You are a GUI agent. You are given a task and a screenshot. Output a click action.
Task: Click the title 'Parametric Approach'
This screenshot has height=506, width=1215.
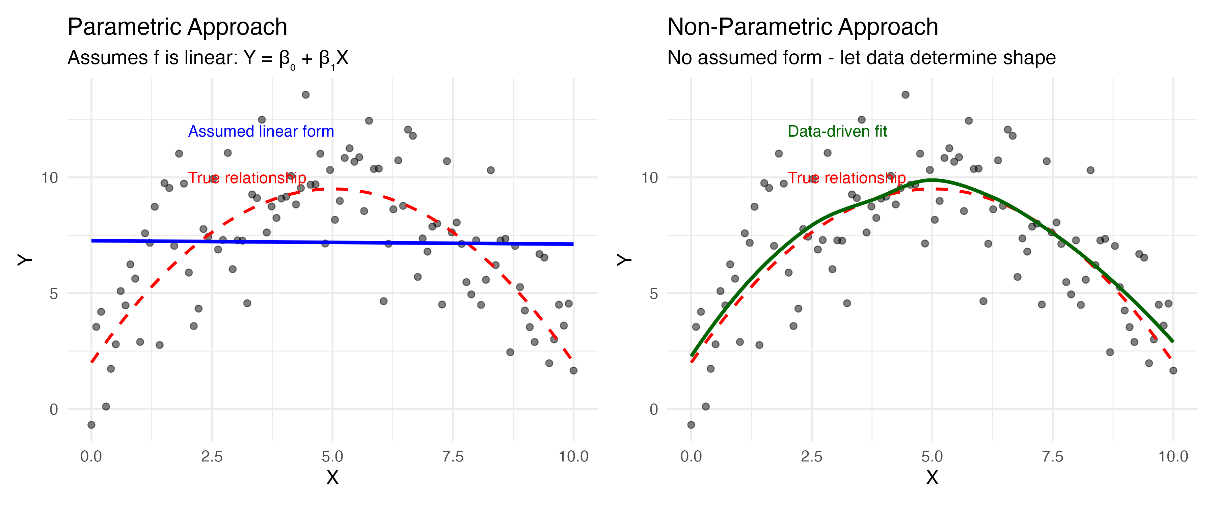(177, 27)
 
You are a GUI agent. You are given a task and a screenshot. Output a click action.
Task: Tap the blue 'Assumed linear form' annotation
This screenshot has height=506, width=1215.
(261, 131)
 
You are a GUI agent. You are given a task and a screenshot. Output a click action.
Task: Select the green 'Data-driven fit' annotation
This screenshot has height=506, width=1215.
(837, 131)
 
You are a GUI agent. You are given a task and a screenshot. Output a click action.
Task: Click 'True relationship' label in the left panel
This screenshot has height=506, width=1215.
(247, 178)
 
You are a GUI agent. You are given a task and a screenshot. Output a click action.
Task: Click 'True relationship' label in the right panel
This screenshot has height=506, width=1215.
(847, 178)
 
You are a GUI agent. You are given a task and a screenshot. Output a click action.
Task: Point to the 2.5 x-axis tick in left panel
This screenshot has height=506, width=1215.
(212, 456)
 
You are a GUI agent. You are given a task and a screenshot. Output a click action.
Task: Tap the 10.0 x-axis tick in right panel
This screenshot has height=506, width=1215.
(1173, 456)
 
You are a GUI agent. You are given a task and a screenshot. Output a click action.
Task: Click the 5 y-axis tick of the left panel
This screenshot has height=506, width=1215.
(53, 294)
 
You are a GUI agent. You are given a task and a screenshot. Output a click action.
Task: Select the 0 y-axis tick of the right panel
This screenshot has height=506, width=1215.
(653, 409)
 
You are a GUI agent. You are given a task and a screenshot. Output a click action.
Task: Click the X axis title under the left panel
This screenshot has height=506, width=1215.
(332, 477)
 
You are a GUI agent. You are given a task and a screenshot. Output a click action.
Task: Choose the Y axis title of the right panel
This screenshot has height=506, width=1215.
(624, 259)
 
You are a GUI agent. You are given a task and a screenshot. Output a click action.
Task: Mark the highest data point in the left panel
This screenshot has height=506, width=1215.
(306, 95)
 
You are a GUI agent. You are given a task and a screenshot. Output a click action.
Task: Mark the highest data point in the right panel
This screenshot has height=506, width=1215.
(905, 95)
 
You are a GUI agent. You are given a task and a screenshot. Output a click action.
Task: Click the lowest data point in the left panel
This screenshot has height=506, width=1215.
(91, 425)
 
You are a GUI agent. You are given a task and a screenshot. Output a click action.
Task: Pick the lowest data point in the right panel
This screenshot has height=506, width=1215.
(691, 425)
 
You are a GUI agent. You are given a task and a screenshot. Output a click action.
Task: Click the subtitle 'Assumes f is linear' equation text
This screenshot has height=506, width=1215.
(208, 58)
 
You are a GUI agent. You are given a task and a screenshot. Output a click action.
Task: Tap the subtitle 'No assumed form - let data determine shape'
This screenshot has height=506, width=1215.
(861, 58)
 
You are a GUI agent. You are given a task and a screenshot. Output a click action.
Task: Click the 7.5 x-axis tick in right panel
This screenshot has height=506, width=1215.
(1053, 456)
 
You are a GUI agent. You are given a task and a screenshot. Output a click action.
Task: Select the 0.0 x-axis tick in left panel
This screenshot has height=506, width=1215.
(91, 456)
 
